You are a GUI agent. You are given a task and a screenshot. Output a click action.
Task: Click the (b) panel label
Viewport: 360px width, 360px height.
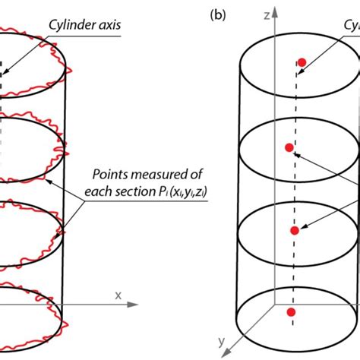click(x=218, y=14)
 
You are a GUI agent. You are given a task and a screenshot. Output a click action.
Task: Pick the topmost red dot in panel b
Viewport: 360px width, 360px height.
click(x=302, y=62)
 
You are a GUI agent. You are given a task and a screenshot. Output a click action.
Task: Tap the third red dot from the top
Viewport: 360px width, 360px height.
click(x=295, y=231)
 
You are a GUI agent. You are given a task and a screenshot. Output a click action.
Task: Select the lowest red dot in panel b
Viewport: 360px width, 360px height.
click(x=289, y=312)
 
